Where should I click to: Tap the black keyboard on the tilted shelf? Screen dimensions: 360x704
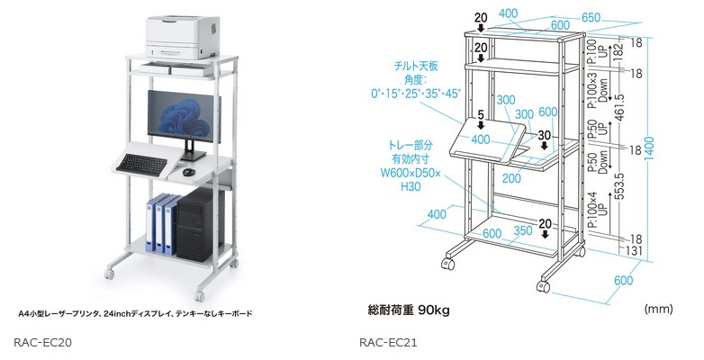pos(142,163)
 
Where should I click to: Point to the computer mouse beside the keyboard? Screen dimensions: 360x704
pos(188,171)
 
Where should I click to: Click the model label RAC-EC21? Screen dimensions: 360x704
pos(387,342)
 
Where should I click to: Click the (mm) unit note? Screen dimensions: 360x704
pos(658,309)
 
